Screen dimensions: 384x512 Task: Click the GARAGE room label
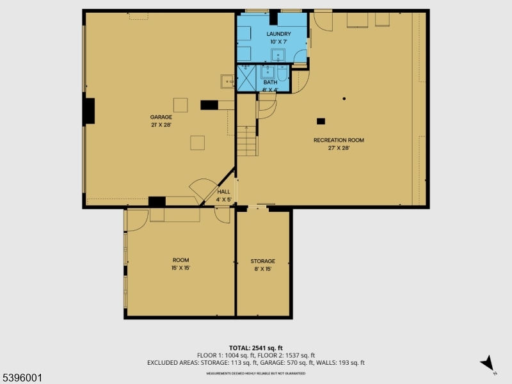pos(161,117)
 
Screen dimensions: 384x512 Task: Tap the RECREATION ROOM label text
pos(339,140)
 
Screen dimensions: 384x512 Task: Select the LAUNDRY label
pos(279,34)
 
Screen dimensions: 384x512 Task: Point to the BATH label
pos(270,82)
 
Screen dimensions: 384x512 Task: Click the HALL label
pos(223,192)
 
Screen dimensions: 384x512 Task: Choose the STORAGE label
pos(262,261)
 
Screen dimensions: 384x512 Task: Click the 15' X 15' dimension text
pos(180,268)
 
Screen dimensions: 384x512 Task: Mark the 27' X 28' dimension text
pos(339,148)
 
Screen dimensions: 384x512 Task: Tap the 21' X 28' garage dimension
pos(161,125)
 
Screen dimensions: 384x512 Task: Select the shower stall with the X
pos(246,78)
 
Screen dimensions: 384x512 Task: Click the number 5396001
pos(22,378)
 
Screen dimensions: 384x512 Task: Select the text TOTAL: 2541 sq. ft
pos(256,348)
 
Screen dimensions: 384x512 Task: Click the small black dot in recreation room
pos(344,99)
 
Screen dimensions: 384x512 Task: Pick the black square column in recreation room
pos(321,121)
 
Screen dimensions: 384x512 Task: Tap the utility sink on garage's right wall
pos(227,81)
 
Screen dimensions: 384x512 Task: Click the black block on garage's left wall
pos(90,111)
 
